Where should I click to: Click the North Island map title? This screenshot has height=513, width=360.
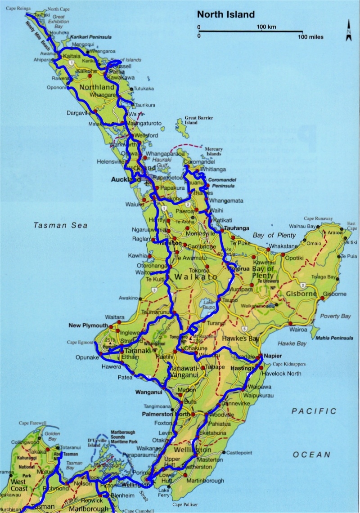tap(225, 15)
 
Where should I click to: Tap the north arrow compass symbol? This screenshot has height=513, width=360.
tap(348, 31)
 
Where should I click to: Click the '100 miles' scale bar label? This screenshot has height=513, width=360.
tap(310, 37)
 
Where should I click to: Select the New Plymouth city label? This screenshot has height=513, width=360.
tap(88, 325)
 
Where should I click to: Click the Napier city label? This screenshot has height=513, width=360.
tap(273, 355)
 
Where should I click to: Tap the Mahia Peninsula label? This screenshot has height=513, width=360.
tap(334, 338)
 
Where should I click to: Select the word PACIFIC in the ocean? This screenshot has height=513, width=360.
tap(314, 411)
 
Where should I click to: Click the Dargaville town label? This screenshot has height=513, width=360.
tap(79, 113)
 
